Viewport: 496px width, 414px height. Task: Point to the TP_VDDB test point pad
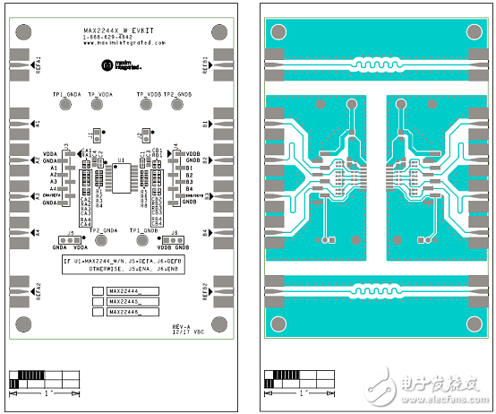[148, 105]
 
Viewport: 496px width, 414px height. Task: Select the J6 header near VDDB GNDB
[175, 240]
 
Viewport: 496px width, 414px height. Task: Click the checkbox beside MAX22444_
[98, 291]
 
